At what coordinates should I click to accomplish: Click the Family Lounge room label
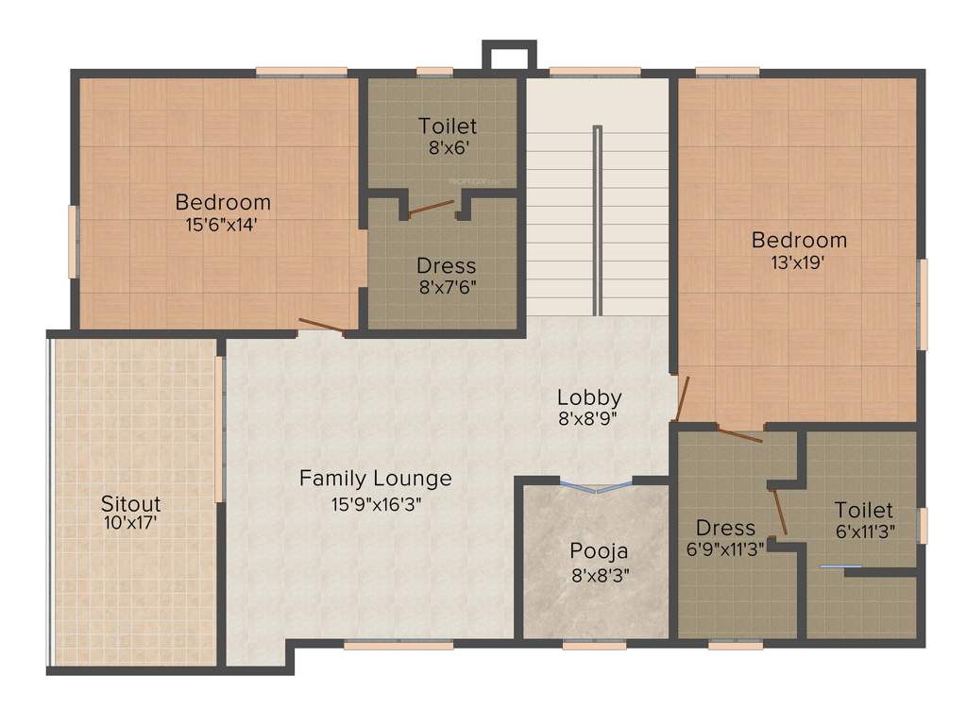pyautogui.click(x=375, y=479)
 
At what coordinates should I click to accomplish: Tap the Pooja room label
pyautogui.click(x=599, y=550)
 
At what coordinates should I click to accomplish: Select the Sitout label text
pyautogui.click(x=131, y=503)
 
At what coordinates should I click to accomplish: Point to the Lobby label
pyautogui.click(x=588, y=396)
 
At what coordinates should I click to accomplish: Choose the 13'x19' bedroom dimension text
pyautogui.click(x=799, y=263)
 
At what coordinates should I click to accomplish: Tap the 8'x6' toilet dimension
pyautogui.click(x=448, y=148)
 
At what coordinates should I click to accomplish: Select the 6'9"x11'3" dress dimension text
pyautogui.click(x=725, y=547)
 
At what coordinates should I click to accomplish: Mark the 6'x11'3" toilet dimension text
pyautogui.click(x=863, y=531)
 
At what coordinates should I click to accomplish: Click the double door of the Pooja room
pyautogui.click(x=597, y=486)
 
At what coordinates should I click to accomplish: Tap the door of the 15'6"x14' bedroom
pyautogui.click(x=321, y=327)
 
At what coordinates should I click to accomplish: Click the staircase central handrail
pyautogui.click(x=597, y=220)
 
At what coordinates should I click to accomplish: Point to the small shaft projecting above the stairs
pyautogui.click(x=509, y=55)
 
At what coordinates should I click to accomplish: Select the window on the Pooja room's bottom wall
pyautogui.click(x=594, y=646)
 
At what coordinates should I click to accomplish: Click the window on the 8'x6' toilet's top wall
pyautogui.click(x=434, y=71)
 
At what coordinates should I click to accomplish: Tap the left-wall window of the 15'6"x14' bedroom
pyautogui.click(x=73, y=242)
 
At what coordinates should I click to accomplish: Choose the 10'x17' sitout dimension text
pyautogui.click(x=131, y=520)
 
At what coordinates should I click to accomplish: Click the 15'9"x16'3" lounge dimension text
pyautogui.click(x=375, y=503)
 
